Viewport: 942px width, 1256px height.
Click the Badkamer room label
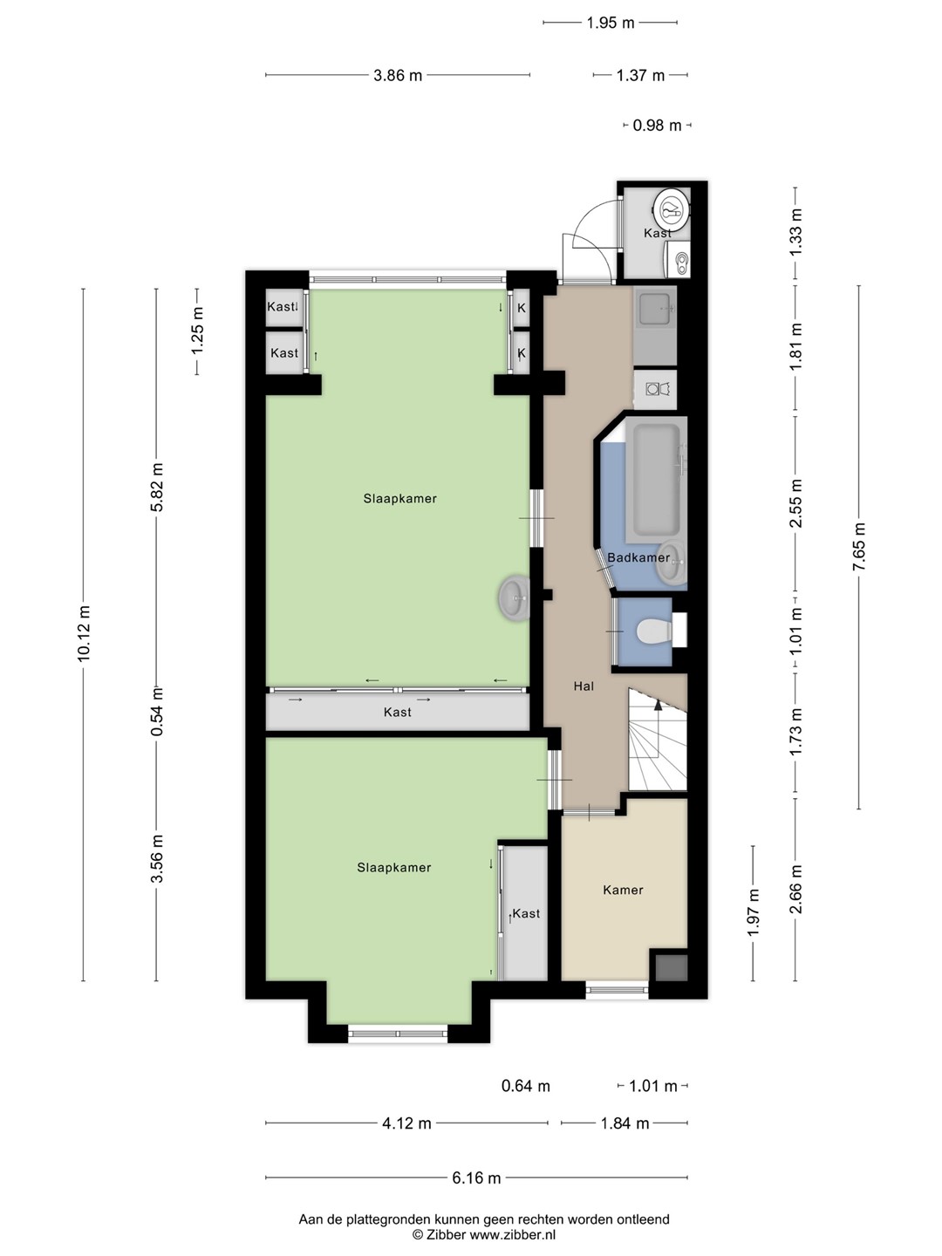638,557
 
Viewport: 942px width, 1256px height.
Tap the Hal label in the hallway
584,686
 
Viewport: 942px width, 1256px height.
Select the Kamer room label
623,890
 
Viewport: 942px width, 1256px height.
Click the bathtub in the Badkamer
656,480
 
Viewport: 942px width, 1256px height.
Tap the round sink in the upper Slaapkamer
515,598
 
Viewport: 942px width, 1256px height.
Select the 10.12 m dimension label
84,633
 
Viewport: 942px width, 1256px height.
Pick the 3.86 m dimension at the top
398,75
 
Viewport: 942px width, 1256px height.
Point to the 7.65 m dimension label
859,547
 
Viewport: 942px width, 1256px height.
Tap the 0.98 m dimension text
657,126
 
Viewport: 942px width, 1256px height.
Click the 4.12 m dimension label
406,1123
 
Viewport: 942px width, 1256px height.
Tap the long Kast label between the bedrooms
398,713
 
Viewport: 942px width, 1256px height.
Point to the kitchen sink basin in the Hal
655,308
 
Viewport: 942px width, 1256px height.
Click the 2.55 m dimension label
795,503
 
